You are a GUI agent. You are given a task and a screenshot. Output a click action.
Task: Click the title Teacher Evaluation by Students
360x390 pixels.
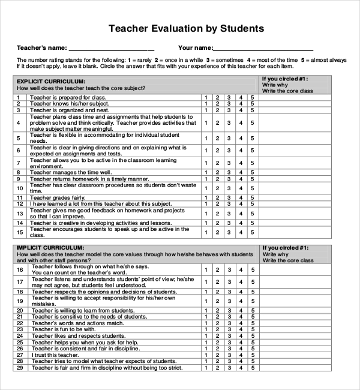pos(185,28)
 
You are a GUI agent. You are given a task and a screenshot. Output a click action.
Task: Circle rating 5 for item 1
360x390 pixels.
pos(252,97)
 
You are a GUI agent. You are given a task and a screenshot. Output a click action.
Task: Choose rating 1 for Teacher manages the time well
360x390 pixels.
pos(206,172)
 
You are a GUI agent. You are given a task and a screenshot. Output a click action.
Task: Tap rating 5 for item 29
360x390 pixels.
pos(252,368)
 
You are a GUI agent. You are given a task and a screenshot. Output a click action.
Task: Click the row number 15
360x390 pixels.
pos(19,232)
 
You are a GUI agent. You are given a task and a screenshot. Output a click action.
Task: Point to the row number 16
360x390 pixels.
pos(19,270)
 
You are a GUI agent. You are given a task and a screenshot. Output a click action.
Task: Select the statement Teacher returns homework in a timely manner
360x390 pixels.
pos(89,179)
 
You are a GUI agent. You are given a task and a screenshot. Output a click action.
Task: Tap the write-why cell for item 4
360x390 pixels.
pos(294,123)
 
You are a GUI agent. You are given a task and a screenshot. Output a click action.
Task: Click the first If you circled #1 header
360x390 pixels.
pos(285,79)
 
